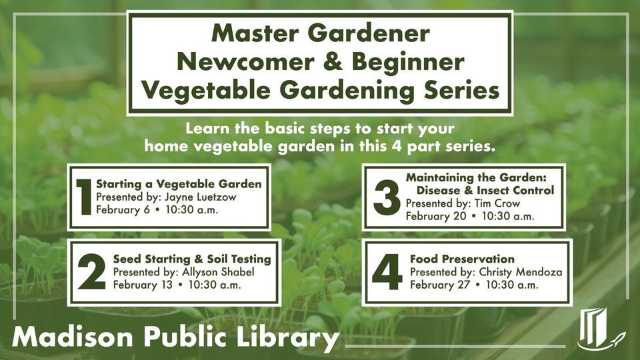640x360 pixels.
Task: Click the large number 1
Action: [84, 197]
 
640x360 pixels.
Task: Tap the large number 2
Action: [92, 272]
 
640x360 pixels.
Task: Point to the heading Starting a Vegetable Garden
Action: [179, 184]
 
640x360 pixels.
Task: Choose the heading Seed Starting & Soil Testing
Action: [192, 259]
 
